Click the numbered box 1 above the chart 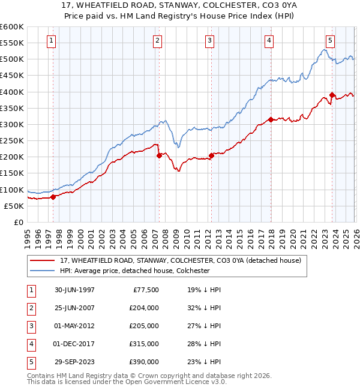51,41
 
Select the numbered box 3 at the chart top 209,41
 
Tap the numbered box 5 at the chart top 330,41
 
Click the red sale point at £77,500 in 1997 53,196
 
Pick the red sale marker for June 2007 159,155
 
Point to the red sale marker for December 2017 270,119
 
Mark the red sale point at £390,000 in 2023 332,95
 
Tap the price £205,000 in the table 144,326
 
